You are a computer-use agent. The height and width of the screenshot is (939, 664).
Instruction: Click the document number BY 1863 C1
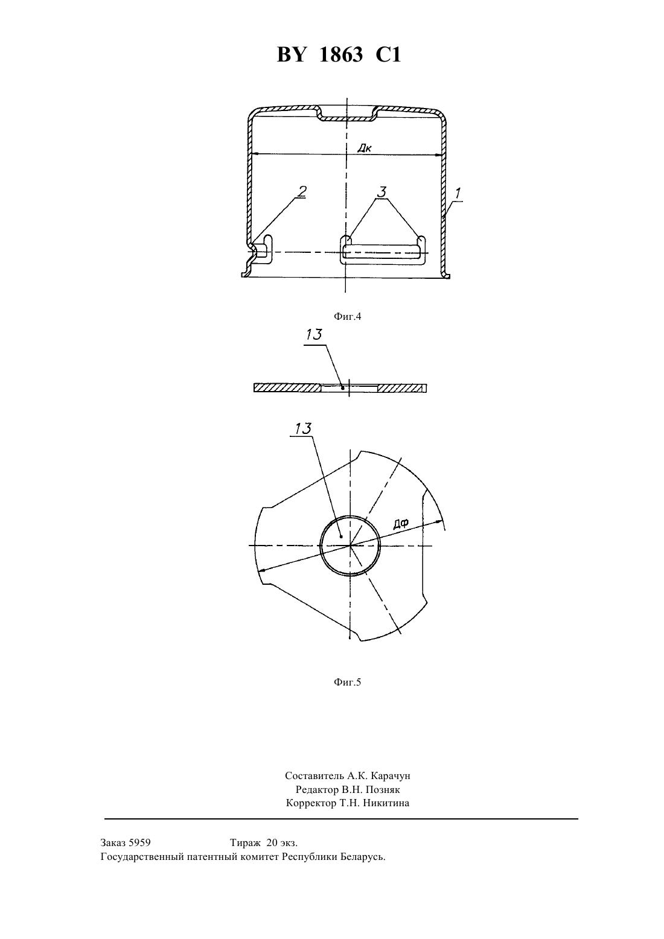pyautogui.click(x=339, y=55)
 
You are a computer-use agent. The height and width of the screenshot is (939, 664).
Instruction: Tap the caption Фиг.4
pyautogui.click(x=347, y=316)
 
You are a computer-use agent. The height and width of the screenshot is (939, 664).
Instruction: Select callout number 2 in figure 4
pyautogui.click(x=302, y=191)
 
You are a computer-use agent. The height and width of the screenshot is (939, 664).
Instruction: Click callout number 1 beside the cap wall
pyautogui.click(x=458, y=193)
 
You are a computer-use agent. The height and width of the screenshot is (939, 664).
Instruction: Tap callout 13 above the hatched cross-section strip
pyautogui.click(x=314, y=335)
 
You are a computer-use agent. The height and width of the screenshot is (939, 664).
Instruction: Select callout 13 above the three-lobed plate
pyautogui.click(x=303, y=429)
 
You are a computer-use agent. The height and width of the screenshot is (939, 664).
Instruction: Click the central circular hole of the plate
pyautogui.click(x=350, y=546)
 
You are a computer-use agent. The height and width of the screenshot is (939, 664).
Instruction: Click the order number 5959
pyautogui.click(x=139, y=842)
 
